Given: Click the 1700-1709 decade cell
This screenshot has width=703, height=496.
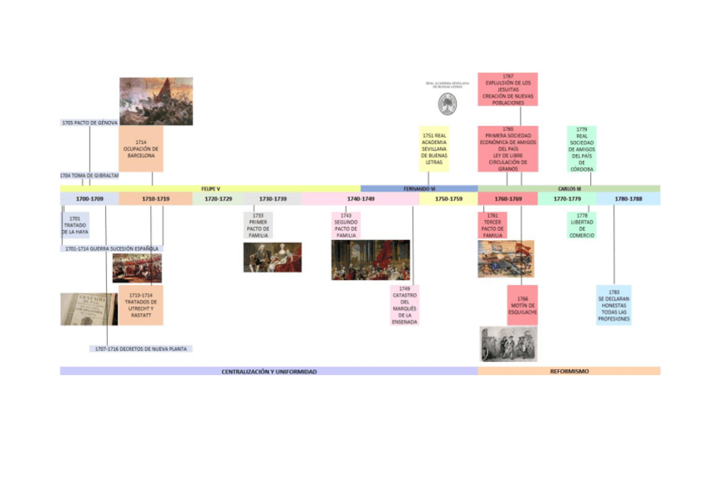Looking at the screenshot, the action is click(90, 199).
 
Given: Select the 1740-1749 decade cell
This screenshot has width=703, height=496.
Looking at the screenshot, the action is click(361, 199).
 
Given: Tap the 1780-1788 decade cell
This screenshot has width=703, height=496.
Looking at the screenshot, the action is click(628, 199).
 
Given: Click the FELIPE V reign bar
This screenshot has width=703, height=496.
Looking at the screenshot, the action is click(211, 189).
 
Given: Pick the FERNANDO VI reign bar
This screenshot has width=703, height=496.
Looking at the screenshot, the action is click(419, 189).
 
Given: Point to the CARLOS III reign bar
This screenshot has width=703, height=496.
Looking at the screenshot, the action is click(569, 189).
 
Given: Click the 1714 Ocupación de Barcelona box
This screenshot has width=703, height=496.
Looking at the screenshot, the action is click(141, 149).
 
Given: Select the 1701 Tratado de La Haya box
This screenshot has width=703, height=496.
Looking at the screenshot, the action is click(75, 225).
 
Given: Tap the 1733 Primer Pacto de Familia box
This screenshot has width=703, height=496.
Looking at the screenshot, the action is click(258, 225).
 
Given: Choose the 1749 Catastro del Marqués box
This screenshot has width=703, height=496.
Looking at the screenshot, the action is click(405, 306).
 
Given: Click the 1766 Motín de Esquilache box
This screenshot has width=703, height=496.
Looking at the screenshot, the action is click(522, 305).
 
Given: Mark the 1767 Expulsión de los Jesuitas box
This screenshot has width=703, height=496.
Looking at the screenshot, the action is click(508, 89).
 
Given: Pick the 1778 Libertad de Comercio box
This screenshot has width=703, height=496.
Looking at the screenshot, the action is click(582, 225).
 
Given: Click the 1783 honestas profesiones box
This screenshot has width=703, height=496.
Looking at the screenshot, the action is click(613, 306).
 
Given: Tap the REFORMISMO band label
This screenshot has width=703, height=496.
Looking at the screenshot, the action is click(569, 372).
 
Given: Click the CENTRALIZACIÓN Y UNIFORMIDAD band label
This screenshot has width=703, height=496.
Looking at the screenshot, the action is click(269, 372).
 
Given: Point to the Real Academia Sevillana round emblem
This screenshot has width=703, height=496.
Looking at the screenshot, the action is click(448, 104).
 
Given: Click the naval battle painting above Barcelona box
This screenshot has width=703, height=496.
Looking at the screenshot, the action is click(156, 101).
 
